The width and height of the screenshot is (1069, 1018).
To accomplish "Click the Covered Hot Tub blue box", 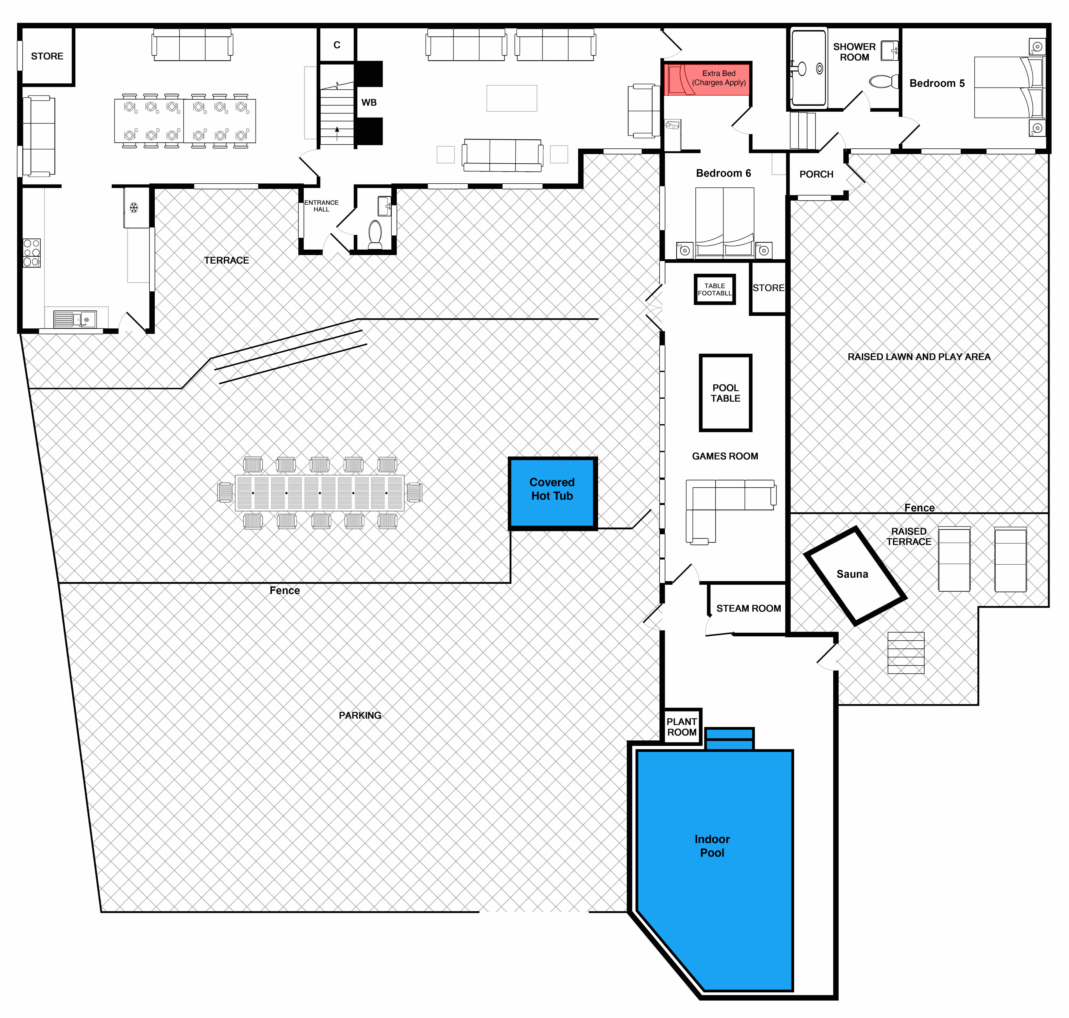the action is [552, 493].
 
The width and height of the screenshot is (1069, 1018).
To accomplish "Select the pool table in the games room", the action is [725, 393].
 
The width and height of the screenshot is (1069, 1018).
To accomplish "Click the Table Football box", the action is [715, 289].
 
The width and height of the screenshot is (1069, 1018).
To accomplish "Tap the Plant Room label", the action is [681, 727].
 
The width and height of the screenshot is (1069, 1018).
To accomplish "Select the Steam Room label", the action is [748, 608].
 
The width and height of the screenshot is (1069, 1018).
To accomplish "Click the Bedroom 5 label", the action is [937, 83].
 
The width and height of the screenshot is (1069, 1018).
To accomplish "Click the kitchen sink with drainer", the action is [75, 319].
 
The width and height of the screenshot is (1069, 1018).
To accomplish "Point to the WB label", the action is [369, 103].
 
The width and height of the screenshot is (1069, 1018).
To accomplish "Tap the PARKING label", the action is [360, 715].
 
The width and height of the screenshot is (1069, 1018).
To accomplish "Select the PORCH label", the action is [816, 174].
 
